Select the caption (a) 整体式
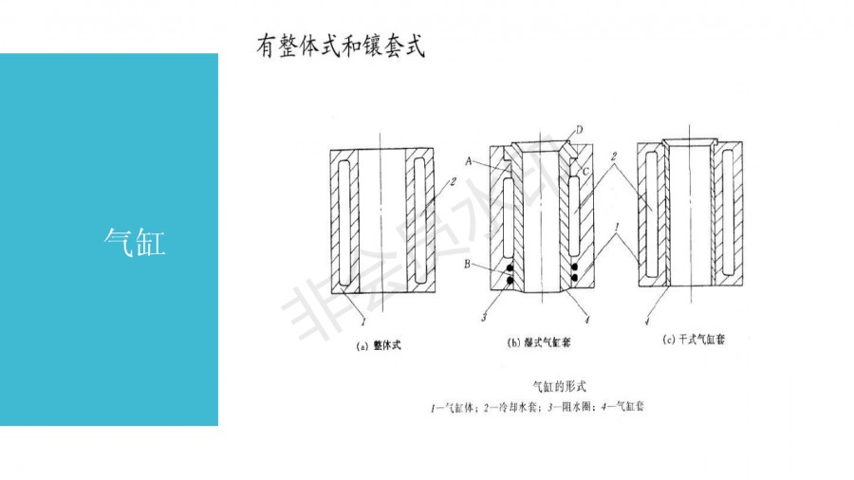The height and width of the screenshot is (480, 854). click(x=380, y=346)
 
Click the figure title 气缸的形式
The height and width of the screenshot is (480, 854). click(x=562, y=386)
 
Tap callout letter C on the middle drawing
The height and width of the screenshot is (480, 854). click(x=586, y=170)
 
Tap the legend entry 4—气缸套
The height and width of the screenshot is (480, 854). click(x=624, y=408)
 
